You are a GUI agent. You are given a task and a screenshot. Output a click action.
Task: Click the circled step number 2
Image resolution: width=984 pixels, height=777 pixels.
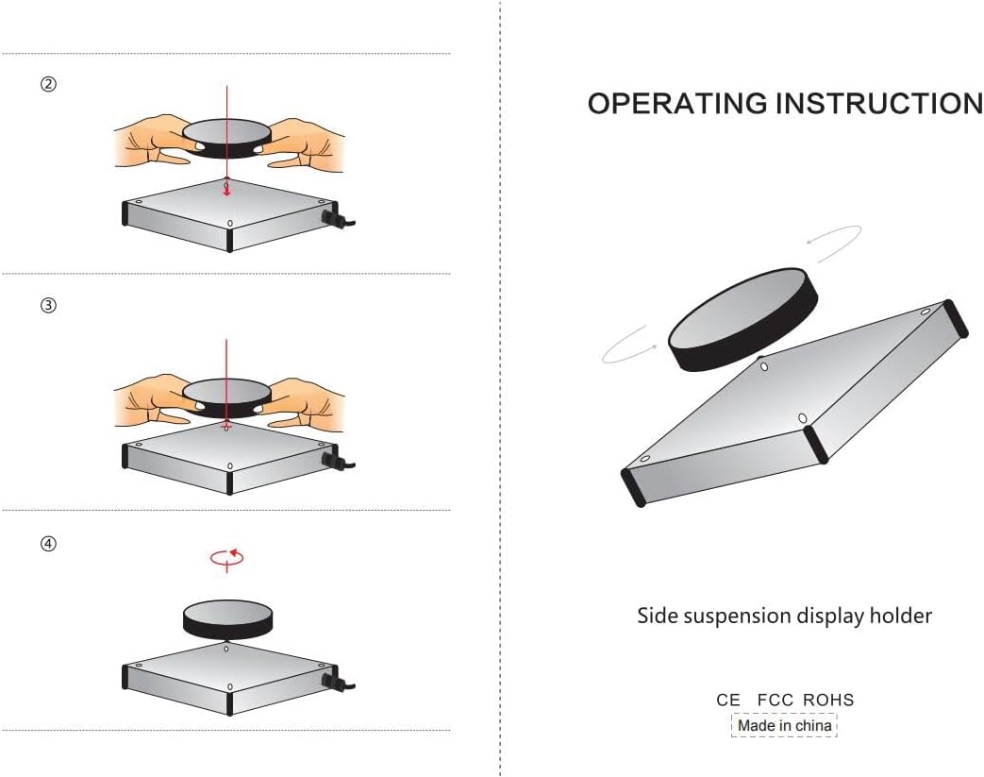pos(49,84)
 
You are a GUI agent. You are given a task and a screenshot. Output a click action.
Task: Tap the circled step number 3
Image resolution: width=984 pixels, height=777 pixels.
pos(49,305)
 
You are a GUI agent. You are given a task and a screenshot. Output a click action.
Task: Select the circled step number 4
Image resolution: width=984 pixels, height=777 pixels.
pos(49,544)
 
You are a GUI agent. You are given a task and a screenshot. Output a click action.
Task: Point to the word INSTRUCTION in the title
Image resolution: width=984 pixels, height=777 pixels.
pos(878,104)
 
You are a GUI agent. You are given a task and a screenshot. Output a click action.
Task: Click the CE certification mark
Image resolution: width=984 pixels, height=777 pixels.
pos(728,701)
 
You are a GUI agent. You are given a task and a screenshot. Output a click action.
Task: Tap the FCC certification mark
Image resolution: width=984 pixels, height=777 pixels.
pos(776,701)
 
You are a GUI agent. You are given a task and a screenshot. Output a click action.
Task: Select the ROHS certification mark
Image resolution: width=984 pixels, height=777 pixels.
pos(828,701)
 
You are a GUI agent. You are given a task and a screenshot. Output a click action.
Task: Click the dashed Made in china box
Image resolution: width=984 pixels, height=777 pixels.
pos(784,725)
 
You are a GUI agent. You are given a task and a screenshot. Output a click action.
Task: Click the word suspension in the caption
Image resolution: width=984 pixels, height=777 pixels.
pos(737,617)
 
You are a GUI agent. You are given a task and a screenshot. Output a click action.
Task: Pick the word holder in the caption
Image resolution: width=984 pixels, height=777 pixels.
pos(901,617)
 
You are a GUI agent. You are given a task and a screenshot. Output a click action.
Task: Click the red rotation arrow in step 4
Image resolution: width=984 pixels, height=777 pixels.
pos(226,557)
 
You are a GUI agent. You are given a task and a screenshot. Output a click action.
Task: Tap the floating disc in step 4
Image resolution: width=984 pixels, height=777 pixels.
pos(226,619)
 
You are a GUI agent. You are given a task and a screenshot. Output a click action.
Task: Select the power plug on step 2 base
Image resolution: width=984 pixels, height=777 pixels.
pos(335,219)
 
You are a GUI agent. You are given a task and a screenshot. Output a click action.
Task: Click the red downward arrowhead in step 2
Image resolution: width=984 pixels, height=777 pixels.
pos(226,191)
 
